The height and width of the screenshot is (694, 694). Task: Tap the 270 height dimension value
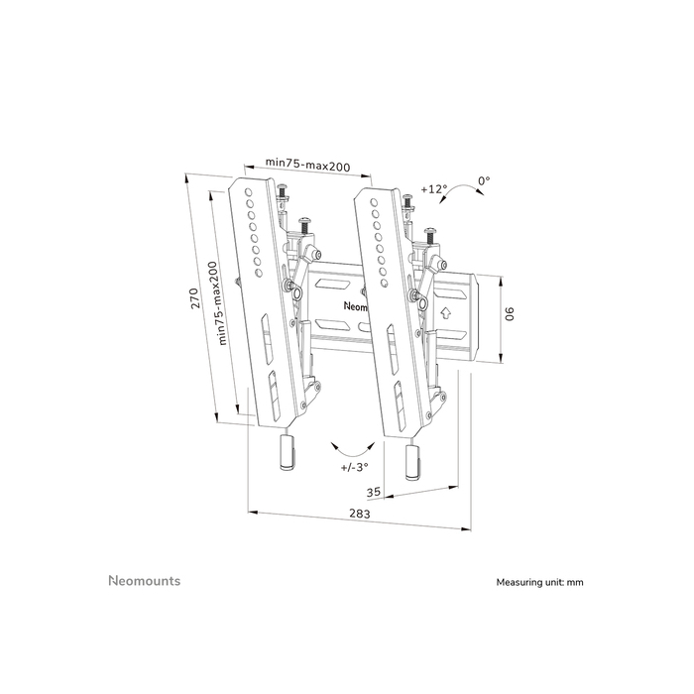point(196,297)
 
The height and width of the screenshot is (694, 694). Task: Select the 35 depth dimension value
point(374,491)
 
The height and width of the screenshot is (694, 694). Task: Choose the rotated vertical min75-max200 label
point(223,301)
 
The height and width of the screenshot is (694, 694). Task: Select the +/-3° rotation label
point(353,465)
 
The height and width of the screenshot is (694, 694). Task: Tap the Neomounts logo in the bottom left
point(144,581)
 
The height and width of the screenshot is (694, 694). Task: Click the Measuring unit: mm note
point(540,583)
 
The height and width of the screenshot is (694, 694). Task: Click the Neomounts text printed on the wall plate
point(355,306)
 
